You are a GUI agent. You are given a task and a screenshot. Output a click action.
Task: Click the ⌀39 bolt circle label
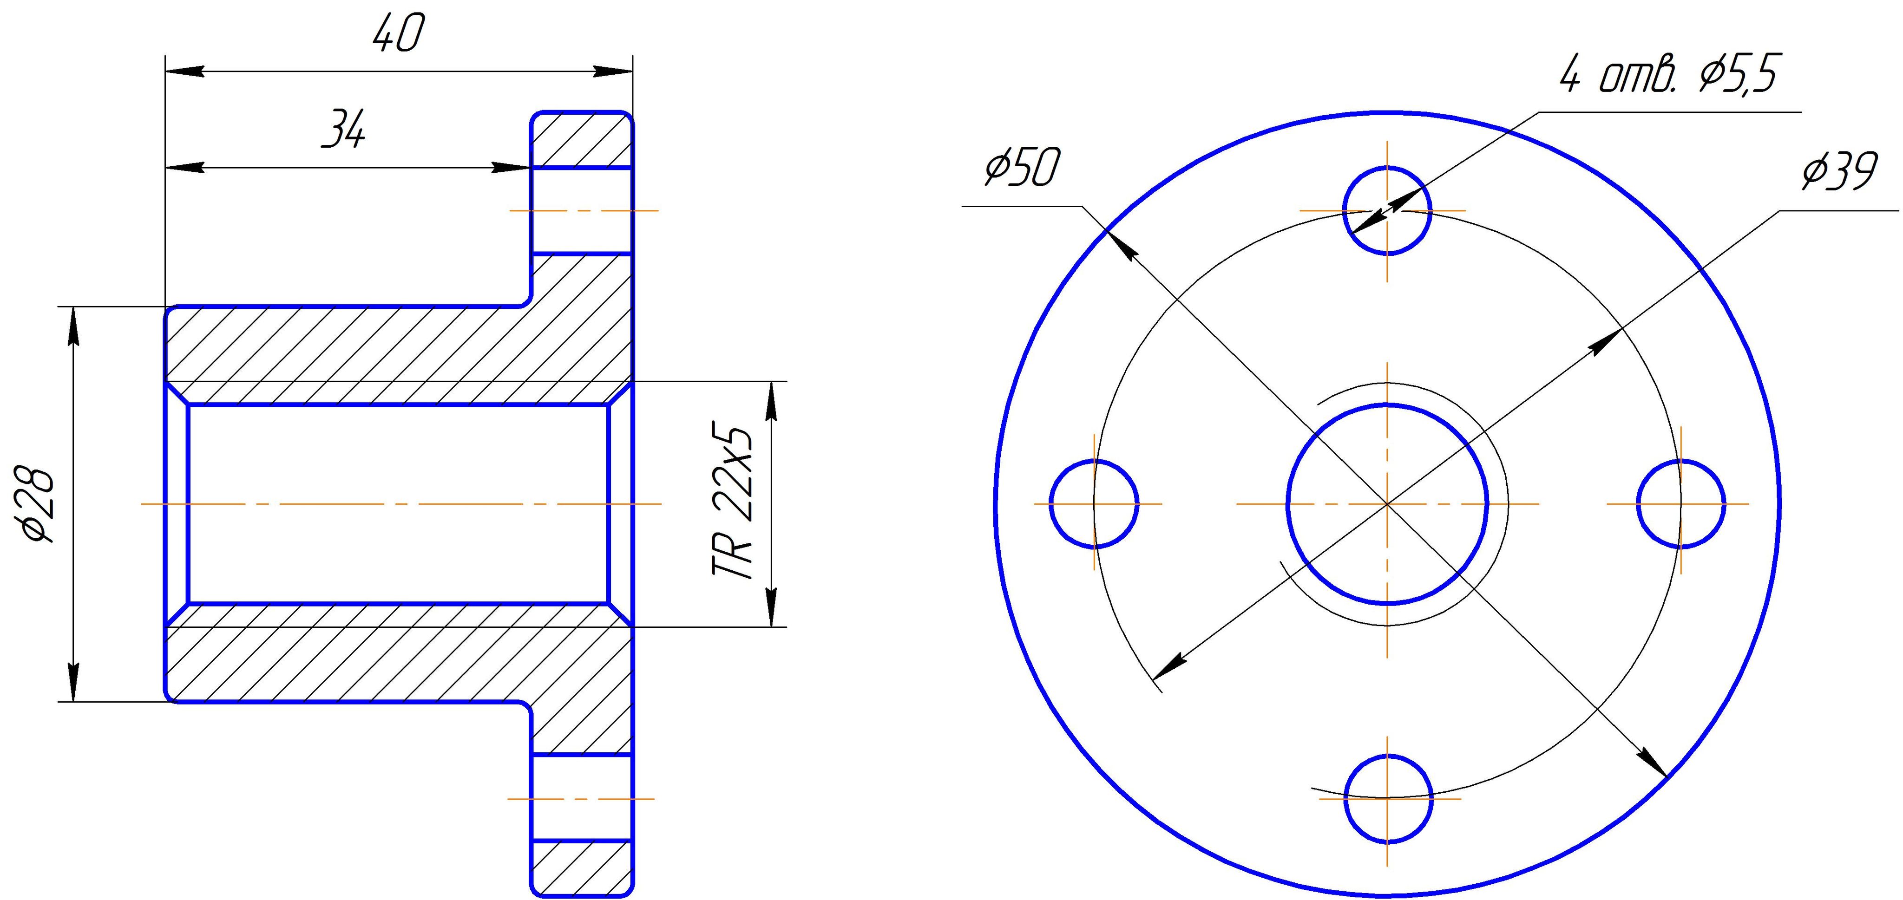(x=1839, y=171)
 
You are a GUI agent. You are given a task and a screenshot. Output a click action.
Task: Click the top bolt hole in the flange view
(x=1387, y=210)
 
